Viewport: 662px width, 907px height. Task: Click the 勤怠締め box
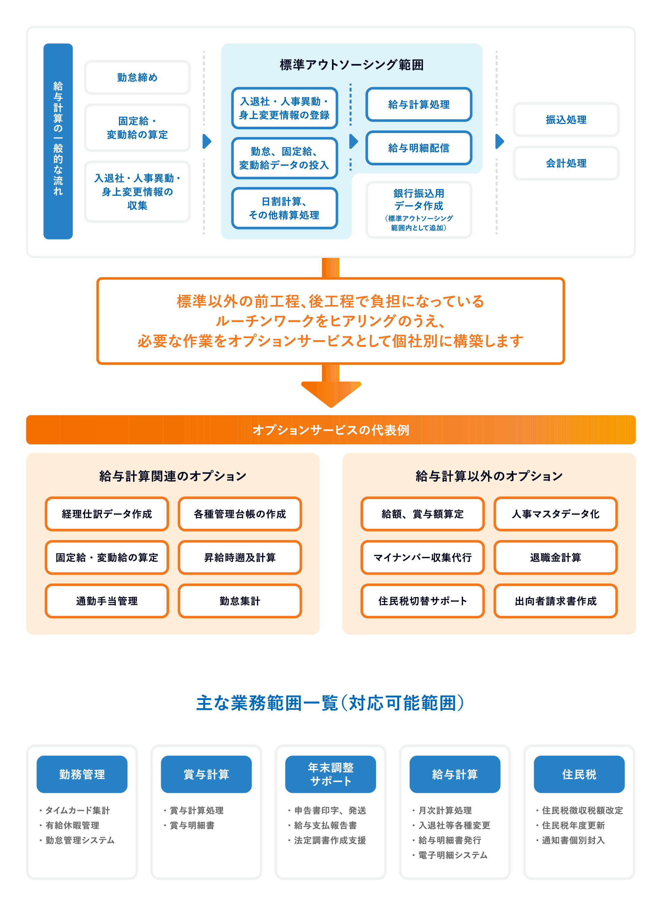pyautogui.click(x=137, y=77)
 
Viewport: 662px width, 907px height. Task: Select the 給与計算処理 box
pyautogui.click(x=418, y=105)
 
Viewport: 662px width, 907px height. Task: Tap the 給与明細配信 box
pyautogui.click(x=418, y=148)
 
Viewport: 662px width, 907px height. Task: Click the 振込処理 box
pyautogui.click(x=566, y=120)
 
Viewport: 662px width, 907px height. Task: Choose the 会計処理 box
pyautogui.click(x=566, y=163)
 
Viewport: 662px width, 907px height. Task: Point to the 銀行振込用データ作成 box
pyautogui.click(x=418, y=209)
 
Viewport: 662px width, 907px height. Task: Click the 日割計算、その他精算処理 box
pyautogui.click(x=284, y=208)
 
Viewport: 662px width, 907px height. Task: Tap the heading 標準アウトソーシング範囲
pyautogui.click(x=352, y=65)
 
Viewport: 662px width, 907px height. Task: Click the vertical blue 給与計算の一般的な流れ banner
pyautogui.click(x=58, y=141)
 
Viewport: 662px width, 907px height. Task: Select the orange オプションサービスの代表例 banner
pyautogui.click(x=331, y=430)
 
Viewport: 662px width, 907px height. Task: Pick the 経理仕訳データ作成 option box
pyautogui.click(x=107, y=514)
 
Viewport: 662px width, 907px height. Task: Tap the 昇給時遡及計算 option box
pyautogui.click(x=239, y=558)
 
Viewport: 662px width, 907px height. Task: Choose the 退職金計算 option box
pyautogui.click(x=555, y=558)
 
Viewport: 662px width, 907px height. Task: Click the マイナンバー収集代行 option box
pyautogui.click(x=423, y=558)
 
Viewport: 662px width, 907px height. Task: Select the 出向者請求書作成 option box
pyautogui.click(x=555, y=601)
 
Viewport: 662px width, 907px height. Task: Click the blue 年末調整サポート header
pyautogui.click(x=331, y=774)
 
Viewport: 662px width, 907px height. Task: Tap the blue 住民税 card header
pyautogui.click(x=579, y=774)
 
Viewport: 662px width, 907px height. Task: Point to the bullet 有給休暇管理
pyautogui.click(x=72, y=825)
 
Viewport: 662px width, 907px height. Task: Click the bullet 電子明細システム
pyautogui.click(x=452, y=855)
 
